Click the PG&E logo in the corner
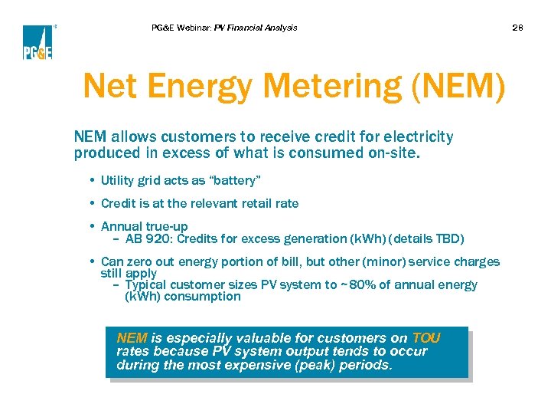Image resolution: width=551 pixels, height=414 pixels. click(x=37, y=42)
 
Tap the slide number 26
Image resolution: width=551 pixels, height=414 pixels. click(x=518, y=28)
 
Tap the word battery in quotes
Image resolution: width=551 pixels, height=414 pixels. click(x=236, y=180)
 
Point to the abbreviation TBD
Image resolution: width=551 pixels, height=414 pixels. click(x=449, y=238)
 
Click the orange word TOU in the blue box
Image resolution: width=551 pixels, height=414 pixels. click(x=426, y=338)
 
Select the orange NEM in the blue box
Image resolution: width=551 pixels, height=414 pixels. click(x=132, y=338)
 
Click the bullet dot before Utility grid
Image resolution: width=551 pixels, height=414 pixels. click(x=92, y=180)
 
